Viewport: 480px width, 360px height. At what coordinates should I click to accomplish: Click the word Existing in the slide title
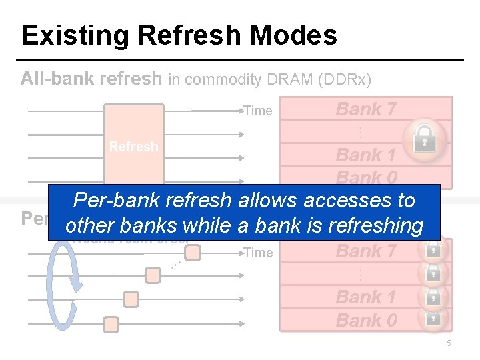click(x=65, y=35)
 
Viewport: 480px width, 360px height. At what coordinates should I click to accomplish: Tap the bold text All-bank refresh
click(x=91, y=79)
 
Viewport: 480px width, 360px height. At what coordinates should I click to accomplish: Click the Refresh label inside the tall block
click(x=133, y=147)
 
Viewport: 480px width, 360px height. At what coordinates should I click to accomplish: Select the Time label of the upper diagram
click(x=258, y=111)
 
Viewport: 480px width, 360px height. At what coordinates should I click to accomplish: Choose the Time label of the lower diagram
click(x=258, y=252)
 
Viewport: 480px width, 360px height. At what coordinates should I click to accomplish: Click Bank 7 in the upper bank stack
click(x=366, y=109)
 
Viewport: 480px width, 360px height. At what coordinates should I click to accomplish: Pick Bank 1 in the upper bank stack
click(x=366, y=155)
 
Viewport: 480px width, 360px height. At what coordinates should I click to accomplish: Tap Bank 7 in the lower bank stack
click(x=366, y=251)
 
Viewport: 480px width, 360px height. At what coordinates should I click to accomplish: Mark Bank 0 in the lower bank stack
click(x=366, y=321)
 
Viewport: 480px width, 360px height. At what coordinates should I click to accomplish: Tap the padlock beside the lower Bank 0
click(x=433, y=319)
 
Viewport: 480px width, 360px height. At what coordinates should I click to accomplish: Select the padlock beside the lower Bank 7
click(x=433, y=250)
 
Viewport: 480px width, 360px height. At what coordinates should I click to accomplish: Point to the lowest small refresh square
click(x=111, y=325)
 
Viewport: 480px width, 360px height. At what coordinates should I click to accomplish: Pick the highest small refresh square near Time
click(x=192, y=252)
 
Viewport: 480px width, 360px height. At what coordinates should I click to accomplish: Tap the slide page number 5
click(x=449, y=343)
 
